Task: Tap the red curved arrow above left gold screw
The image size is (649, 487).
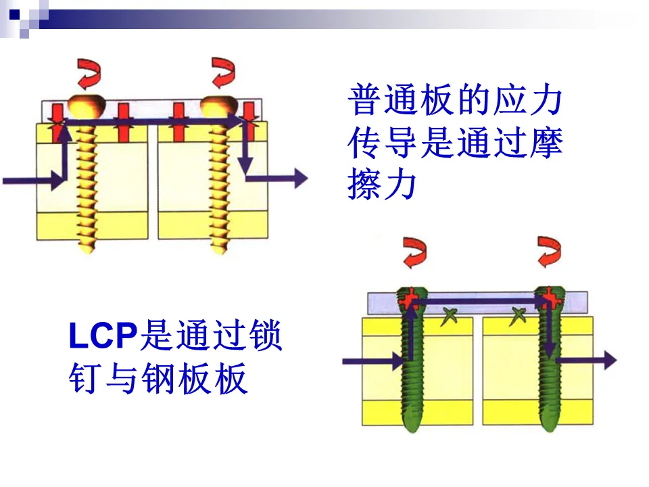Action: click(87, 73)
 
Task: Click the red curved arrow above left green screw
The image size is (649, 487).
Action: click(414, 252)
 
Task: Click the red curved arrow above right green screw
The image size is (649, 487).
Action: click(549, 252)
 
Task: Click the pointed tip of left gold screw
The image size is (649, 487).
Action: click(87, 249)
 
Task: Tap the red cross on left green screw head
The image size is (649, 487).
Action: click(409, 297)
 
